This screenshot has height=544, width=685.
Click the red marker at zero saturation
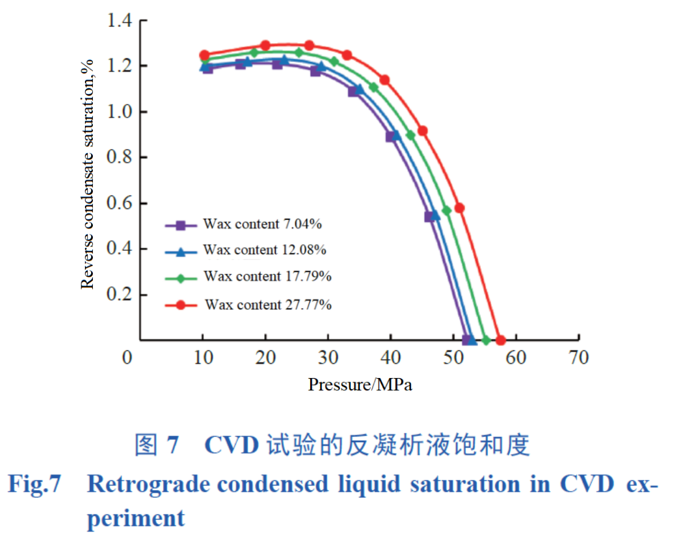tap(500, 340)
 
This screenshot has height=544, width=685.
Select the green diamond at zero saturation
tap(486, 340)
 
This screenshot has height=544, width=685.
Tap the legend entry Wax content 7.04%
tap(262, 224)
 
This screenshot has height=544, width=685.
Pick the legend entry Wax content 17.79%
tap(268, 277)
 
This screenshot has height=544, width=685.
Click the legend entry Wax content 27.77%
tap(268, 304)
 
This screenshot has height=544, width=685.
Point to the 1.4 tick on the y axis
tap(119, 21)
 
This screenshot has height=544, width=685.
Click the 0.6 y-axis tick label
tap(119, 203)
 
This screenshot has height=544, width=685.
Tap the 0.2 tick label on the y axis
tap(119, 294)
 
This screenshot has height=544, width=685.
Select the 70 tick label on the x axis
tap(579, 357)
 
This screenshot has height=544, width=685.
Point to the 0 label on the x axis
tap(127, 357)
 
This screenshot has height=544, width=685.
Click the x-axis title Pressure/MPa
tap(360, 385)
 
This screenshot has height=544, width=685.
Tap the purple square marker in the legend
tap(180, 225)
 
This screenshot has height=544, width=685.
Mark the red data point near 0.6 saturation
tap(459, 208)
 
